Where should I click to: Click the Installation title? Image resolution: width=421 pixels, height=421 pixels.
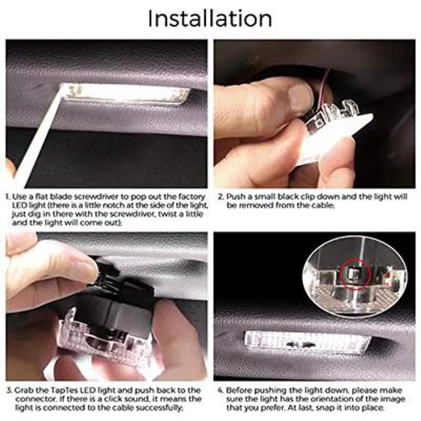210,18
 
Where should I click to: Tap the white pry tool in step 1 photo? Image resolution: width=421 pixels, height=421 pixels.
37,134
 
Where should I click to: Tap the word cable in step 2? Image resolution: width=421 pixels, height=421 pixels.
323,206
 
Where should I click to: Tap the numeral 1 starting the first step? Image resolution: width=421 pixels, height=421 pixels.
8,197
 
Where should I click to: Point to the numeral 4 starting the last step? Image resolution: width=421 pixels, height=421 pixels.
220,390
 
